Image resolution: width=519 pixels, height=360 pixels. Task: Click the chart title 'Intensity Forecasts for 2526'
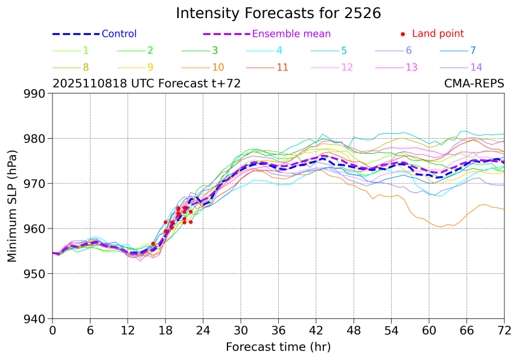pos(278,13)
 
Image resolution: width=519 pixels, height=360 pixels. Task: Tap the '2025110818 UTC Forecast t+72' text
pos(147,84)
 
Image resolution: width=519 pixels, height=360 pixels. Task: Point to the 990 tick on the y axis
pos(36,93)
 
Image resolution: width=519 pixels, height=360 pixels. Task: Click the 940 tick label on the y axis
pos(36,319)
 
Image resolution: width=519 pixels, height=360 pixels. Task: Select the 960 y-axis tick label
pos(36,229)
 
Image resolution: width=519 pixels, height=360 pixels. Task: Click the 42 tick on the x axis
pos(316,330)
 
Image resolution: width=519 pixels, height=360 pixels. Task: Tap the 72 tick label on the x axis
pos(504,330)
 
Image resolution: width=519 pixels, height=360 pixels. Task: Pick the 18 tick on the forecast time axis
pos(165,330)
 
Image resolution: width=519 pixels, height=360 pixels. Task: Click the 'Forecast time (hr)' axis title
pos(278,347)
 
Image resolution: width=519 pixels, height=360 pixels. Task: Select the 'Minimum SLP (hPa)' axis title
pos(12,206)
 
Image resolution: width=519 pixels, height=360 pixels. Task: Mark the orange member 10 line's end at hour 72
pos(504,209)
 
